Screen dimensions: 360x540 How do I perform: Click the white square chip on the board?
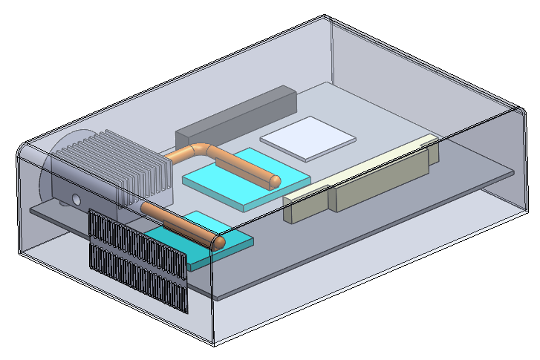308,138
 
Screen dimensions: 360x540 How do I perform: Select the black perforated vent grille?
137,260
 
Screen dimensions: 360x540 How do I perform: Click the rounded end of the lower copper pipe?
221,240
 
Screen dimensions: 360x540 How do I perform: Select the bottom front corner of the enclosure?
214,346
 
